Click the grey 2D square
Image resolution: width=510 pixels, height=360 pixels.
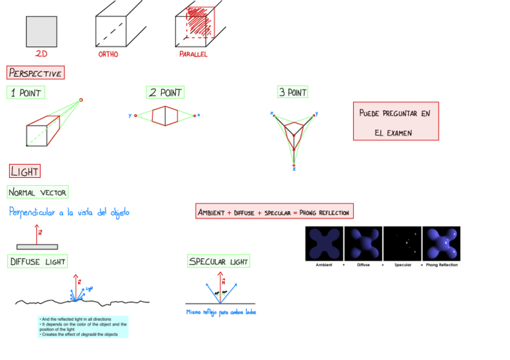(x=41, y=31)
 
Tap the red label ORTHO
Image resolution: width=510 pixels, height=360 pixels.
(x=108, y=54)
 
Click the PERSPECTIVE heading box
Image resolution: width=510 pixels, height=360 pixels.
(x=35, y=73)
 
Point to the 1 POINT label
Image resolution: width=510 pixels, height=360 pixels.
(x=25, y=93)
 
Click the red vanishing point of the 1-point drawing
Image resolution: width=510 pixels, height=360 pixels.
(x=81, y=100)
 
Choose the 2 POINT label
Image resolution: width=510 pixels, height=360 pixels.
(x=165, y=93)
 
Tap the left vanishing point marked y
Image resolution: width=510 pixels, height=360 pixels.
(x=135, y=115)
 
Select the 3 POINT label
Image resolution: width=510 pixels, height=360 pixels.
(x=292, y=92)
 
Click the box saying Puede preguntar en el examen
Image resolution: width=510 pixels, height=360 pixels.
(x=395, y=121)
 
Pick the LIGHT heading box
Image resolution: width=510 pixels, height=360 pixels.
(x=25, y=171)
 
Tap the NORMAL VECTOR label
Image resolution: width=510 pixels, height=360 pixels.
(x=37, y=192)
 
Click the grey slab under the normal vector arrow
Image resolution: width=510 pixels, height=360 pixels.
(x=37, y=246)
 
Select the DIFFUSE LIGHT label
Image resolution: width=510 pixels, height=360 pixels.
(x=37, y=261)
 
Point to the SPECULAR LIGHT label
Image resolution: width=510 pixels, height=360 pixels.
(x=218, y=261)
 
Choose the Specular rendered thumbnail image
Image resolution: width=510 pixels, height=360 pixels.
(x=402, y=243)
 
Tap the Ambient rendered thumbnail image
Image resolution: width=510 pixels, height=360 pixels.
(x=324, y=243)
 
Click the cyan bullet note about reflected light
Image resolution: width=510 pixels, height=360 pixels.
(x=83, y=326)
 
